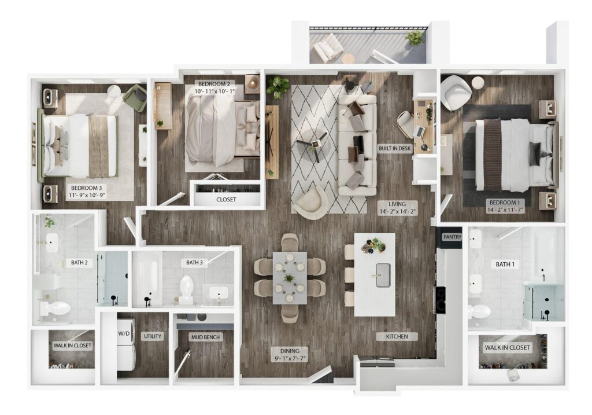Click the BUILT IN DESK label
click(394, 149)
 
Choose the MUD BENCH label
click(206, 337)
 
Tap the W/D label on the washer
click(124, 333)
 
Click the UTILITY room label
click(152, 336)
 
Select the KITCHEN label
click(393, 336)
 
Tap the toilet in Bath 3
click(186, 287)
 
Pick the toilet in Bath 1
click(479, 311)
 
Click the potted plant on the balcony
click(415, 38)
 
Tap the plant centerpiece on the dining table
click(289, 279)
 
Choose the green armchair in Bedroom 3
click(135, 98)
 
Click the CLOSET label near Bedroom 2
click(226, 200)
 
